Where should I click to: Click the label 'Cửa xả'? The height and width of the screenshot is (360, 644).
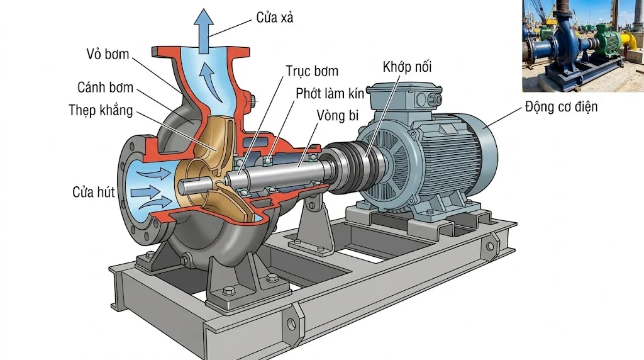[x=275, y=18]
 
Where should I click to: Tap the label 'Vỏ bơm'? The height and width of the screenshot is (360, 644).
[x=108, y=54]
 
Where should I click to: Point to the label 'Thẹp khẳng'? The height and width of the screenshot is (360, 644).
[x=101, y=111]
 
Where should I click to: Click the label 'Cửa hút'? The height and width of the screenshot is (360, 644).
[x=94, y=192]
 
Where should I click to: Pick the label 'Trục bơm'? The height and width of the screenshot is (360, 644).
[x=312, y=71]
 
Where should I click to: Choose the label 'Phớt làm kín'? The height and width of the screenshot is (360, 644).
[x=330, y=94]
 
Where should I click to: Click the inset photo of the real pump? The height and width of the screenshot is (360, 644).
[x=582, y=46]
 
